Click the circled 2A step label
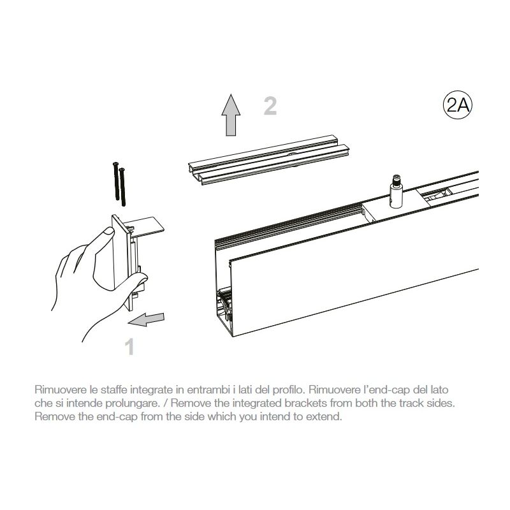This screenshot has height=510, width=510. point(457,105)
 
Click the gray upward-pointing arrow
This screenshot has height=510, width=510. point(231,115)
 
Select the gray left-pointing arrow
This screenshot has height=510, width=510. point(146,319)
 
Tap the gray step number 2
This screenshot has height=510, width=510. point(270,106)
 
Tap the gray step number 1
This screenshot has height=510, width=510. point(130,347)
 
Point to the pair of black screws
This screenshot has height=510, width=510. point(119,184)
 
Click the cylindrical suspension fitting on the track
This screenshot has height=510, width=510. point(396,191)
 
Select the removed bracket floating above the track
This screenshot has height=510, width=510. point(268,159)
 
